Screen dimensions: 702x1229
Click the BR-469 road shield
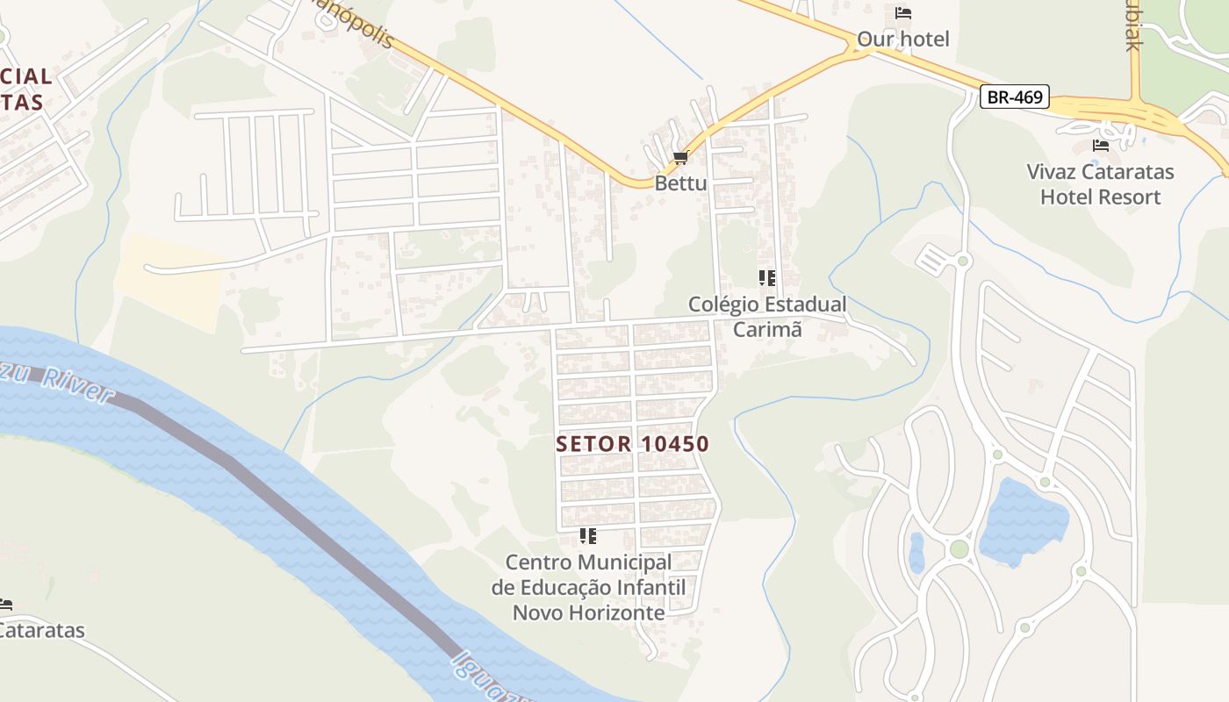(1015, 97)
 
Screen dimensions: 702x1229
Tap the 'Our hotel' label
(903, 39)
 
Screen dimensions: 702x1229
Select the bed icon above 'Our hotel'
(903, 13)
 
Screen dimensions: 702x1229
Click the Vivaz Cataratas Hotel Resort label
(1100, 183)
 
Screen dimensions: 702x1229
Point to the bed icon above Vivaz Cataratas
(1101, 146)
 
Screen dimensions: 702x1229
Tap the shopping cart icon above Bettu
(680, 158)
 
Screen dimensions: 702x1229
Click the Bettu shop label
(680, 183)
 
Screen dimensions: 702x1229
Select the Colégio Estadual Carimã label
(767, 317)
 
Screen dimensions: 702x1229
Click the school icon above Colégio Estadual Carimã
(767, 278)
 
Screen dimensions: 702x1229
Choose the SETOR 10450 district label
(632, 444)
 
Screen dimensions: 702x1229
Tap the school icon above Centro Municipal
(588, 535)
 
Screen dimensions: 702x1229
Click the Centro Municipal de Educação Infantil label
(588, 586)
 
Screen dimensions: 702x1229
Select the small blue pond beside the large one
(917, 552)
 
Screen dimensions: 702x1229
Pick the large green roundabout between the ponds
(959, 549)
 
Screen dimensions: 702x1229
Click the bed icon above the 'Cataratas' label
(5, 605)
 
